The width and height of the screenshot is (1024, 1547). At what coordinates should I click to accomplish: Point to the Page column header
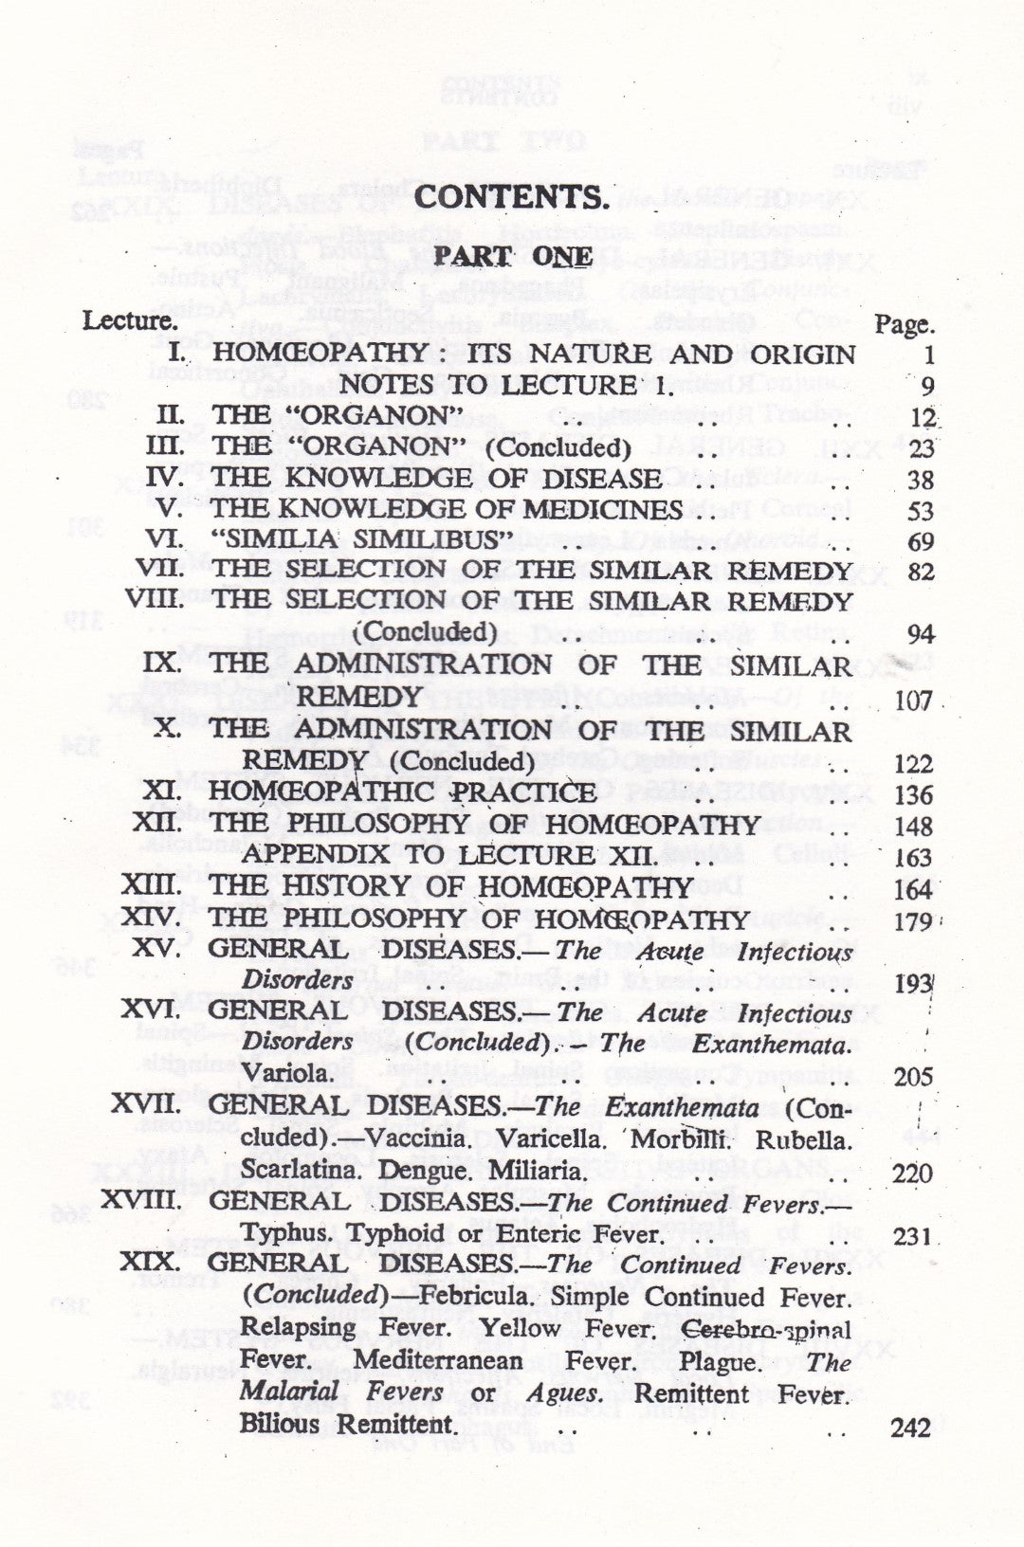pyautogui.click(x=904, y=325)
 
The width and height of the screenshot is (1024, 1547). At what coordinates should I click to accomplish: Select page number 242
pyautogui.click(x=911, y=1427)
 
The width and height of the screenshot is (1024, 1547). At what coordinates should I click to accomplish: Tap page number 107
pyautogui.click(x=913, y=701)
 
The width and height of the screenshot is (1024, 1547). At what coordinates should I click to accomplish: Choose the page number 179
pyautogui.click(x=913, y=921)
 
